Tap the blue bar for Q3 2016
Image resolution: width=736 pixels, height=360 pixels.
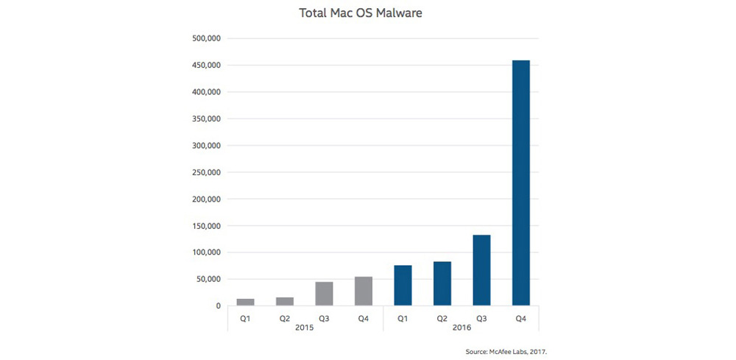pyautogui.click(x=481, y=270)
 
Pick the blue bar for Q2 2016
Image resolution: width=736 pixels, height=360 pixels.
pyautogui.click(x=442, y=283)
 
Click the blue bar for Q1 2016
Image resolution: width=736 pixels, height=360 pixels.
pyautogui.click(x=403, y=286)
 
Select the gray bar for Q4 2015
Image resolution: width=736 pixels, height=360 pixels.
pyautogui.click(x=364, y=291)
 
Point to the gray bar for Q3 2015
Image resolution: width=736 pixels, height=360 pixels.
pyautogui.click(x=325, y=294)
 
